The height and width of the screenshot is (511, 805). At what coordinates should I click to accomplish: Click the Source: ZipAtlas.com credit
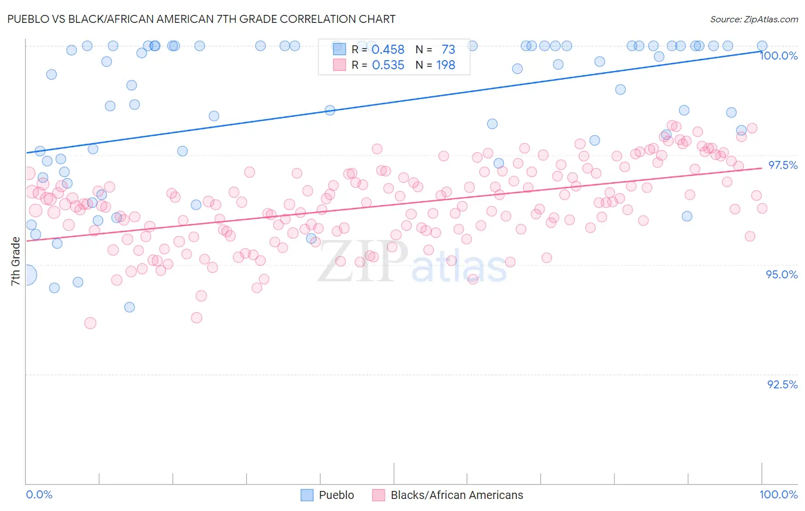coord(753,19)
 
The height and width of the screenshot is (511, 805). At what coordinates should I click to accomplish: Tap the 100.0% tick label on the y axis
coord(778,56)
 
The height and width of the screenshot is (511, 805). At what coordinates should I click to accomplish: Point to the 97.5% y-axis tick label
coord(782,165)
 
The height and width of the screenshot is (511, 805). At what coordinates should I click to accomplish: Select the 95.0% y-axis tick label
coord(782,274)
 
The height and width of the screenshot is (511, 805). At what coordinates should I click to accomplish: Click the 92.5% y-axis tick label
coord(782,384)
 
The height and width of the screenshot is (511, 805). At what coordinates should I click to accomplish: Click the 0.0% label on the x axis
coord(40,494)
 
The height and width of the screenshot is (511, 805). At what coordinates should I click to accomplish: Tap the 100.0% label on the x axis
coord(778,494)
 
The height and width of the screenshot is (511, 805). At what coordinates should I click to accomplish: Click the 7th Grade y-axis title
coord(15,261)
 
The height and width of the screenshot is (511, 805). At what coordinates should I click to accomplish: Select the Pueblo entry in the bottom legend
coord(336,495)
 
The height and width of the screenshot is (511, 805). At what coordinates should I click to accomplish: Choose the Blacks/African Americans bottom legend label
coord(456,495)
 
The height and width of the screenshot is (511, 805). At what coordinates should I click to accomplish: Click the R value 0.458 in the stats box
coord(388,50)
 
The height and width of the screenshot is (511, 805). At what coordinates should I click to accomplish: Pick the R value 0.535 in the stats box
coord(388,65)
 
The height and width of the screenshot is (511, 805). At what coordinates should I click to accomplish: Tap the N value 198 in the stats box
coord(445,65)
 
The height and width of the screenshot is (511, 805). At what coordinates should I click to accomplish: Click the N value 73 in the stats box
coord(448,50)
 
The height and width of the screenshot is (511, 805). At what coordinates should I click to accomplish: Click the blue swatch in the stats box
coord(340,49)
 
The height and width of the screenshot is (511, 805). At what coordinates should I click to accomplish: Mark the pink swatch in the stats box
coord(340,65)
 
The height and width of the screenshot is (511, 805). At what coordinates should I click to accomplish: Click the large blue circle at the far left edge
coord(26,275)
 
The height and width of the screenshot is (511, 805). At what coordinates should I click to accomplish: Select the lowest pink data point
coord(90,323)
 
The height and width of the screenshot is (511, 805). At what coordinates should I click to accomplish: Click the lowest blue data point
coord(129,307)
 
